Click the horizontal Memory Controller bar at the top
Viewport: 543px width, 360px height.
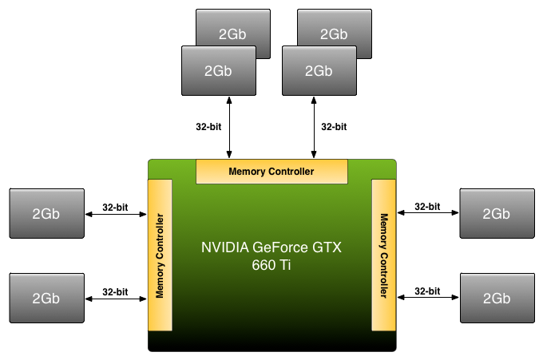click(271, 171)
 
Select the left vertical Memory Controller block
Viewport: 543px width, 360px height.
click(160, 255)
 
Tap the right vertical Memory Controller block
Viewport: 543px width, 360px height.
click(384, 255)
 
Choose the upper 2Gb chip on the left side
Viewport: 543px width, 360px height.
click(46, 213)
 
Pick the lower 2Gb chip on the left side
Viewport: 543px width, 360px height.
click(46, 297)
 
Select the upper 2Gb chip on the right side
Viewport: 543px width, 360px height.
click(497, 213)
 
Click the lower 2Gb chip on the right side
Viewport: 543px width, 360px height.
click(497, 297)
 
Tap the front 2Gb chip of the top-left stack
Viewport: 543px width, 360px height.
click(218, 70)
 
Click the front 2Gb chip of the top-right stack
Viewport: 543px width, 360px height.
click(319, 70)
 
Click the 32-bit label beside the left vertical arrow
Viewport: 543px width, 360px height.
click(208, 126)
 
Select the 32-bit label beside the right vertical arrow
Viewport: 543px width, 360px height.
click(334, 126)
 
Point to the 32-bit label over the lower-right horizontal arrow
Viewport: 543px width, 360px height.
click(428, 291)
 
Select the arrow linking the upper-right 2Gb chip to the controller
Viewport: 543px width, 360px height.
click(428, 212)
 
